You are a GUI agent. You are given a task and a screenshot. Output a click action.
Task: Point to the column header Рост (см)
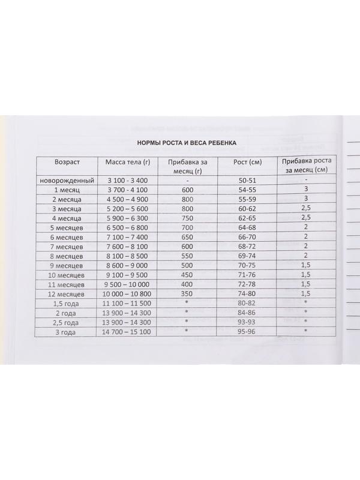(247, 162)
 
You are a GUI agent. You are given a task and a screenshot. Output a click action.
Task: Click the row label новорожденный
(66, 180)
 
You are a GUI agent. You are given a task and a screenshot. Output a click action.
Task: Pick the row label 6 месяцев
(66, 237)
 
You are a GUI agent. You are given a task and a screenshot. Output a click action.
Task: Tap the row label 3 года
(66, 331)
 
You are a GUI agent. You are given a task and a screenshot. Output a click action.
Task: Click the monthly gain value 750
(188, 218)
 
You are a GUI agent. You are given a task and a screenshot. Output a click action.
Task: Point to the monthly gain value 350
(188, 294)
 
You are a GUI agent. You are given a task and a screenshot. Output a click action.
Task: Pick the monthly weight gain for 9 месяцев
(188, 265)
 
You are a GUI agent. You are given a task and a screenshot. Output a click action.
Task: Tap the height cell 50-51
(247, 180)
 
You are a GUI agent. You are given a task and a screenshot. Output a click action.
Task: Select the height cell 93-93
(247, 322)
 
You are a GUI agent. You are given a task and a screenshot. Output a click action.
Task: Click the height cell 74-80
(247, 294)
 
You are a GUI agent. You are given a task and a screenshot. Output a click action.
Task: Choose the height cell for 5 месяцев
(247, 227)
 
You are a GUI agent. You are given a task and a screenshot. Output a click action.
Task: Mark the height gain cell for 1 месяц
(305, 189)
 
